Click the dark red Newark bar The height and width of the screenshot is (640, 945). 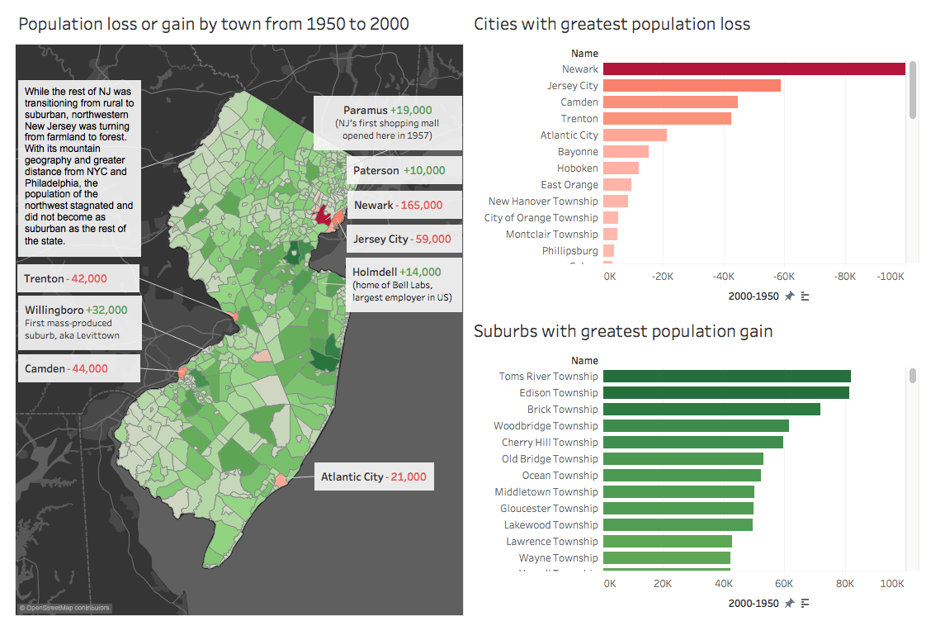754,69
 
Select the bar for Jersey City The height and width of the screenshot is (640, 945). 692,86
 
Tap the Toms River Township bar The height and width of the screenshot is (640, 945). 726,377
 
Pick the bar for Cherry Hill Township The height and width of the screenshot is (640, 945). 692,443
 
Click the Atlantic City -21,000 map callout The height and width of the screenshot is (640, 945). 374,477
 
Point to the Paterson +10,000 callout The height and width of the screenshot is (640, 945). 404,171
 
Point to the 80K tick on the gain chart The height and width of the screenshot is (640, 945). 845,583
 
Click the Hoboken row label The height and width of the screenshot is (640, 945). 578,168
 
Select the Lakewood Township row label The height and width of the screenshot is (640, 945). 551,525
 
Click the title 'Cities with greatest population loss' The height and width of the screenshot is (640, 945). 612,24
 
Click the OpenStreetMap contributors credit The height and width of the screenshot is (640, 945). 64,608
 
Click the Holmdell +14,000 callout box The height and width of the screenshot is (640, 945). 404,284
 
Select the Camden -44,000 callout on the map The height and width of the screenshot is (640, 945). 66,369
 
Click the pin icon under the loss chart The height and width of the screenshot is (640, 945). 789,296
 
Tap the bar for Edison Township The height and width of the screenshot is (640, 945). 725,393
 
